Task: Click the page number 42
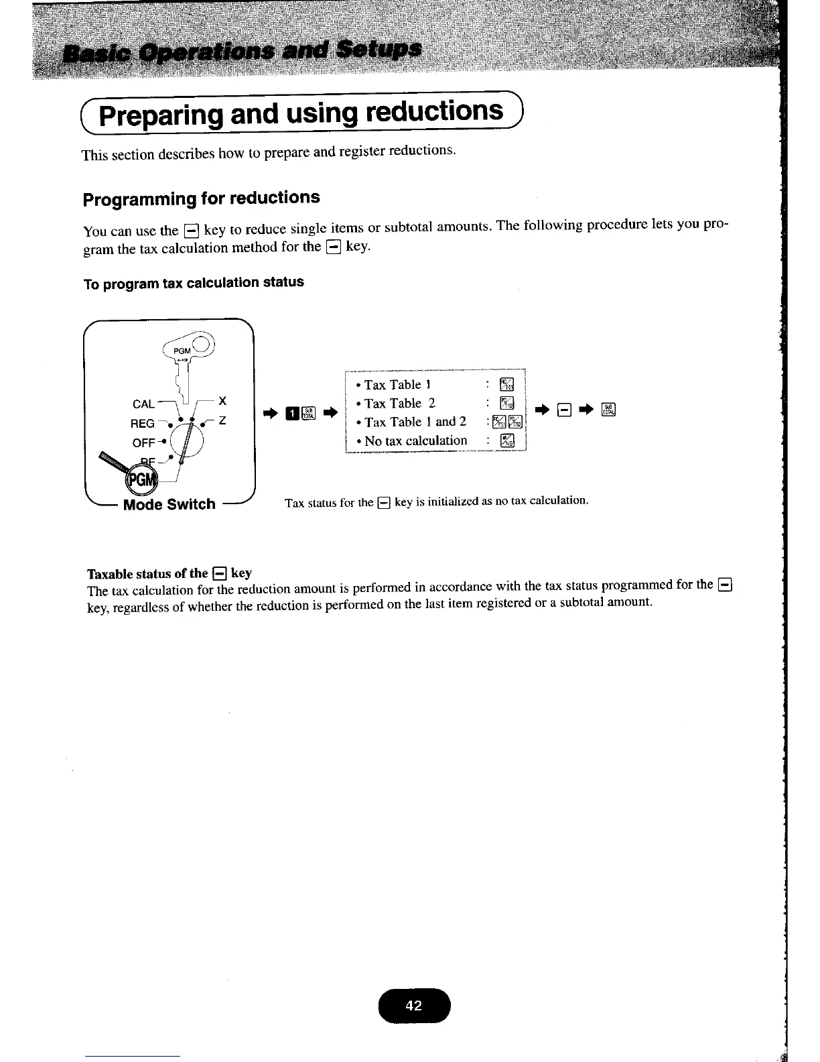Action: [415, 1005]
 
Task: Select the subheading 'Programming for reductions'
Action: [201, 198]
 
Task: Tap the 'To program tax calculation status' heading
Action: [194, 283]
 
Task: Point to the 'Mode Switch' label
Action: [169, 504]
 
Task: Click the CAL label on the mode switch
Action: [143, 404]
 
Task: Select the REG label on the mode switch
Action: [142, 424]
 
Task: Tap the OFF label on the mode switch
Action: [143, 443]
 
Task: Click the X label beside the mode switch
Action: [222, 401]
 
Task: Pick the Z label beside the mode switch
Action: [222, 420]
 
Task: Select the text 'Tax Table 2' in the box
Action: [400, 404]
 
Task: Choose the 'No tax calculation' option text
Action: [415, 441]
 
